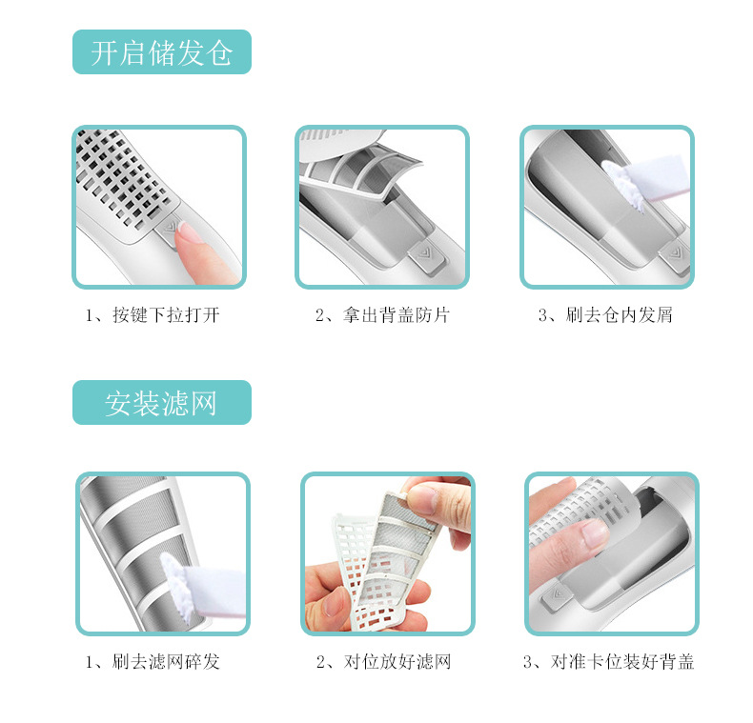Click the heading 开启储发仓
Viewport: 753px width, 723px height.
point(161,52)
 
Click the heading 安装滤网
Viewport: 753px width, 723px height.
point(161,403)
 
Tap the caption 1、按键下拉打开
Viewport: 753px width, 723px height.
point(153,315)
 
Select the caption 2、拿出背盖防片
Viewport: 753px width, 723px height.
point(382,315)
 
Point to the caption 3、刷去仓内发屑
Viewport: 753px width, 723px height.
point(605,315)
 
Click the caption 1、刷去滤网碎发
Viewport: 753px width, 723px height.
point(153,661)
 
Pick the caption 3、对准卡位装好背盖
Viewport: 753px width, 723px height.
point(608,661)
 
